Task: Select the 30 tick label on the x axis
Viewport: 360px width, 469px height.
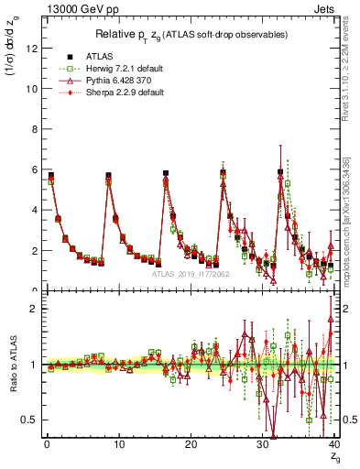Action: point(262,444)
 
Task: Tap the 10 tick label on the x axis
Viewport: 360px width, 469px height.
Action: point(118,444)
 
